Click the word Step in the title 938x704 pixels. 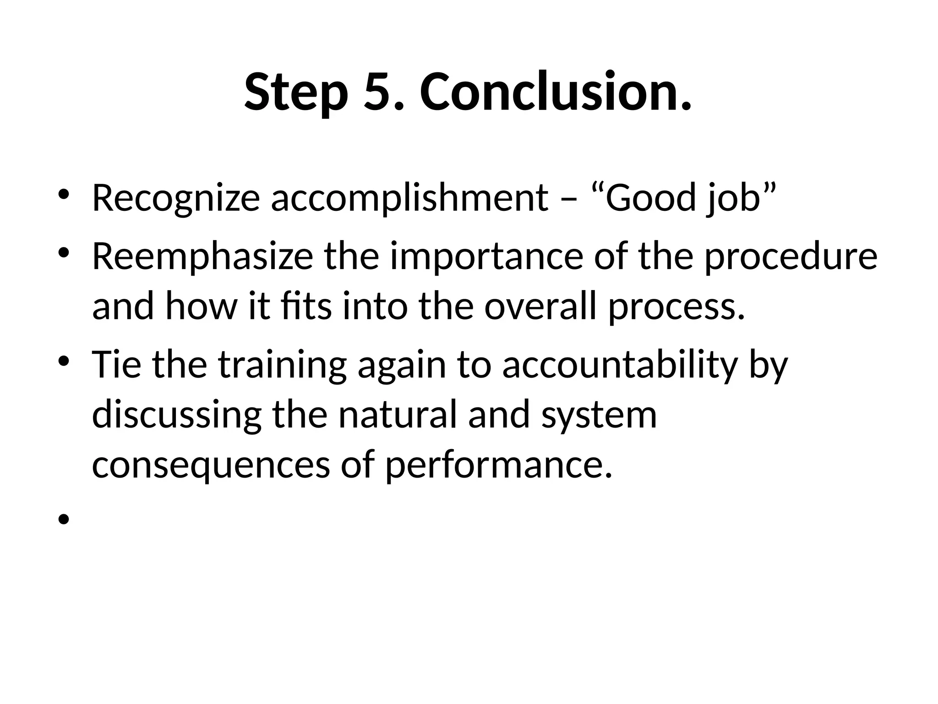[x=294, y=93]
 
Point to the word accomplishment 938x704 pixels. [x=409, y=198]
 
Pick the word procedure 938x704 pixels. [x=791, y=257]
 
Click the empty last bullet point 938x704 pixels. [x=64, y=519]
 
